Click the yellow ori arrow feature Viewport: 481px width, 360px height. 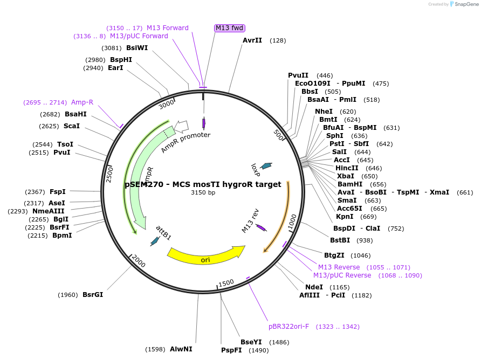(205, 255)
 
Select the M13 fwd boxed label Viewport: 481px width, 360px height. (230, 28)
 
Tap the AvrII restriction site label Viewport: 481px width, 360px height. (252, 40)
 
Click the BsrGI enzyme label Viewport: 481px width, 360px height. (93, 295)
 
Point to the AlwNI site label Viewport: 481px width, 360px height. (181, 349)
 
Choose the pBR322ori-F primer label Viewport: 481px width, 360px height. (289, 327)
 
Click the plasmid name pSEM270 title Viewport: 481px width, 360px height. (203, 184)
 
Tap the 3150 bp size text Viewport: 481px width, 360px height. (203, 192)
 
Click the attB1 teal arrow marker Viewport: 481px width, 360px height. (155, 241)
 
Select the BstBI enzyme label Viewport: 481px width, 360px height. (340, 240)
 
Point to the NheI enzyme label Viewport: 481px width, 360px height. (324, 112)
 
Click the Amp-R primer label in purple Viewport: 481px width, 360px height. (82, 102)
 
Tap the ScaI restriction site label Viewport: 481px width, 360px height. (72, 126)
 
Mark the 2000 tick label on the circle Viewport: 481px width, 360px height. (138, 261)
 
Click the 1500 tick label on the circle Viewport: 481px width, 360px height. (226, 282)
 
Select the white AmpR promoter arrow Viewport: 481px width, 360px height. (182, 126)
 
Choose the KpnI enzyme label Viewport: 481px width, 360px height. (345, 217)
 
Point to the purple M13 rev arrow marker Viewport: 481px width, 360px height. (261, 227)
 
